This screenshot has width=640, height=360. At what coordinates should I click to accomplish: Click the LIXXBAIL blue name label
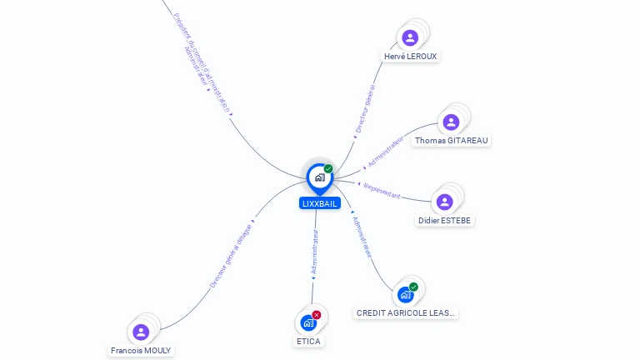click(x=319, y=203)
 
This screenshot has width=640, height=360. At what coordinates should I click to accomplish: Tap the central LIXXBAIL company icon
click(x=319, y=177)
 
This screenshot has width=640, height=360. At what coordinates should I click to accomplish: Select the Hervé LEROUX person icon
click(x=409, y=37)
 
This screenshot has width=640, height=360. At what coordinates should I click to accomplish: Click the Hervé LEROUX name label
click(x=410, y=56)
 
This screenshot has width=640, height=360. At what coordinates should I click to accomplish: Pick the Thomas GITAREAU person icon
click(x=451, y=122)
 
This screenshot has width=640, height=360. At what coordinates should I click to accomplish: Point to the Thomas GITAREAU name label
click(x=451, y=141)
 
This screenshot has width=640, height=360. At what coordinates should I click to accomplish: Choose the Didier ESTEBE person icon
click(x=445, y=202)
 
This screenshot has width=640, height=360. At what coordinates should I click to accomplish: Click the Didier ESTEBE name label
click(x=445, y=221)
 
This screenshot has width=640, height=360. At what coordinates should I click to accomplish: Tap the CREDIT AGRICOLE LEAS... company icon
click(x=406, y=294)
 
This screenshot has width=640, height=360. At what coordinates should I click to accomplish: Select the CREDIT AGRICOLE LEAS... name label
click(x=407, y=313)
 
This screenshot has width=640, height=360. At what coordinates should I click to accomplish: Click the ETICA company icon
click(x=308, y=322)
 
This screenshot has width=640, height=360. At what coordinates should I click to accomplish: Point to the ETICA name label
click(x=308, y=341)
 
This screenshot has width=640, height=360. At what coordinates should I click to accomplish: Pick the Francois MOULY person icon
click(x=141, y=332)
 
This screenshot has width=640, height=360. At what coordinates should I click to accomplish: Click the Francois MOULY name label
click(x=141, y=351)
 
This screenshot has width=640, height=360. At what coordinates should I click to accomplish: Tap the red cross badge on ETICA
click(x=317, y=315)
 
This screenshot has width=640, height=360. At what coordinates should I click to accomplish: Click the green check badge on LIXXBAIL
click(x=328, y=168)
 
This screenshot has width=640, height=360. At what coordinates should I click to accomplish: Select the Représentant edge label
click(x=382, y=191)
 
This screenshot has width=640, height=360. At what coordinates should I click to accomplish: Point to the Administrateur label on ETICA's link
click(x=314, y=253)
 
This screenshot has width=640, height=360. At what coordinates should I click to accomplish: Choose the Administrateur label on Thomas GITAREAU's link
click(x=385, y=151)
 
